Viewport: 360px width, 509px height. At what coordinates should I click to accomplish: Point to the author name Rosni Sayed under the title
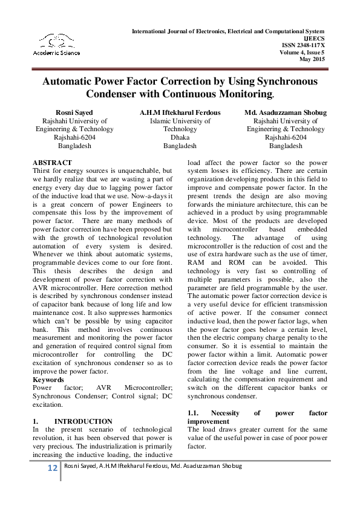click(x=74, y=112)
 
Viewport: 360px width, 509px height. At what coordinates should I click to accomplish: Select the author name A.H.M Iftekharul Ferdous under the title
click(x=180, y=112)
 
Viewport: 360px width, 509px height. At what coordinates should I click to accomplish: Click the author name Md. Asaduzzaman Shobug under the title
click(x=286, y=112)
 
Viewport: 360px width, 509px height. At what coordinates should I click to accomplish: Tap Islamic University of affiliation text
click(x=180, y=121)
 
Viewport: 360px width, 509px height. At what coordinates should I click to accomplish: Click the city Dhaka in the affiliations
click(x=180, y=138)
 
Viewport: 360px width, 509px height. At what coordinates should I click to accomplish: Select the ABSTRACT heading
click(x=52, y=163)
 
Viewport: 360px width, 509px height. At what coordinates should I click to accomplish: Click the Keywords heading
click(x=48, y=380)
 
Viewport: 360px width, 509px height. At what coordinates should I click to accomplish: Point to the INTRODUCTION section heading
click(x=83, y=421)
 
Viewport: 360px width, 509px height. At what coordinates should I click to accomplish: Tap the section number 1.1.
click(x=195, y=413)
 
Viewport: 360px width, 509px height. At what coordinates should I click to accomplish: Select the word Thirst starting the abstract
click(x=43, y=171)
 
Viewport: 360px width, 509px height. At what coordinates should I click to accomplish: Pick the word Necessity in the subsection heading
click(x=229, y=413)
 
